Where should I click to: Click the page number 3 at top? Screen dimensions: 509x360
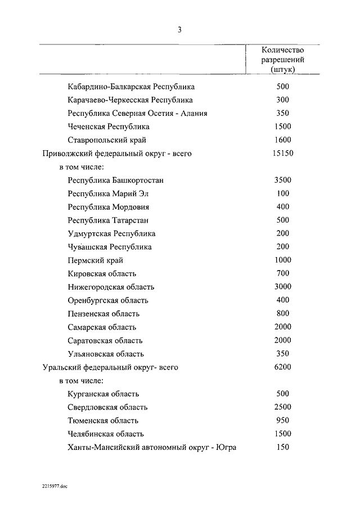179,30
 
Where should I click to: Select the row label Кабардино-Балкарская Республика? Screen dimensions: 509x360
130,87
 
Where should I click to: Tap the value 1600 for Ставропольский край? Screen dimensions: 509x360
283,140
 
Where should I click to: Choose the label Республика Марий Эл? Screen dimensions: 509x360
108,193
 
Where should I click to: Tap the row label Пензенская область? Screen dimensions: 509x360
103,313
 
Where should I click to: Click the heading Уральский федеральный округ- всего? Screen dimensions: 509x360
110,367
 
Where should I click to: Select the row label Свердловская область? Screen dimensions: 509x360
107,407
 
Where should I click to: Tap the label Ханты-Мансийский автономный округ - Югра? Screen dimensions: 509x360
151,447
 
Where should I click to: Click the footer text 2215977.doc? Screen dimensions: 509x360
54,485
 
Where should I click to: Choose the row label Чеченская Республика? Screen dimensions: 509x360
108,127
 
